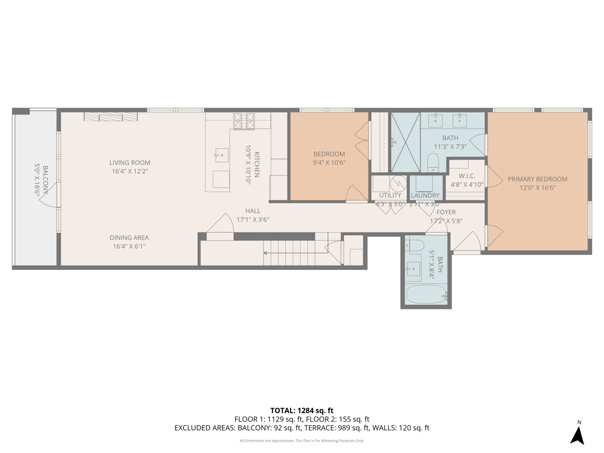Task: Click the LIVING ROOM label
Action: (130, 163)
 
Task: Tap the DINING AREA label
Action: (129, 238)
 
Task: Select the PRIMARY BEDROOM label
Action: (537, 179)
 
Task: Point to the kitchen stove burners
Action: (244, 117)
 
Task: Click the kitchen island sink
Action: (221, 155)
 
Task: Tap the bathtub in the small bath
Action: (425, 295)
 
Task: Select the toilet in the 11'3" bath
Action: (433, 163)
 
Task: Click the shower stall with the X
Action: (405, 142)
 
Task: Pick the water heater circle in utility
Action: (398, 183)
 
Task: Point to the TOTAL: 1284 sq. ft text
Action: (302, 411)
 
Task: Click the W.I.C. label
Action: (467, 176)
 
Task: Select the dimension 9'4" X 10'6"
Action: (329, 163)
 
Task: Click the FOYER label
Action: (446, 212)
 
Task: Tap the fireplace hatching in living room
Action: (111, 117)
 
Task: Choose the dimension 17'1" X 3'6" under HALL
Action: (253, 219)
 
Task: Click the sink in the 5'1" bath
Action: (414, 268)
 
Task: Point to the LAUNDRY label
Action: (425, 195)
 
